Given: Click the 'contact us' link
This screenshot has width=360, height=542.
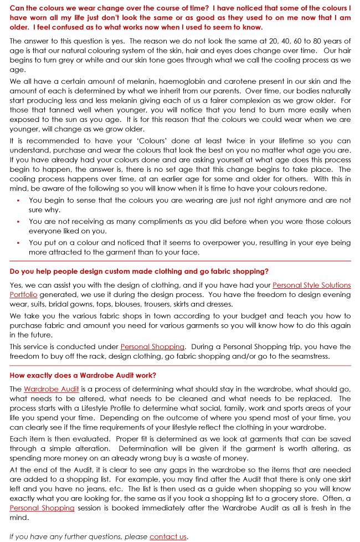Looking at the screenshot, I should pos(168,536).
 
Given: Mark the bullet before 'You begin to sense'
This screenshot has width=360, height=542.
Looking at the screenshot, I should pos(18,201).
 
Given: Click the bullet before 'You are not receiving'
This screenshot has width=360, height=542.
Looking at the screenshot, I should pos(18,222).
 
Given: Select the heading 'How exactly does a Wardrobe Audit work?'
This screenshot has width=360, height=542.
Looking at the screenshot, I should pos(83,375).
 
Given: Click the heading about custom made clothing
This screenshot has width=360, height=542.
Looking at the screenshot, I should pos(139,271).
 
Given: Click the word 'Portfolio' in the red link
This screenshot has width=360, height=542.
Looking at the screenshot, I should pos(23,294).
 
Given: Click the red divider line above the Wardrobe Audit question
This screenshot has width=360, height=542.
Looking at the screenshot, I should pos(180,366).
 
